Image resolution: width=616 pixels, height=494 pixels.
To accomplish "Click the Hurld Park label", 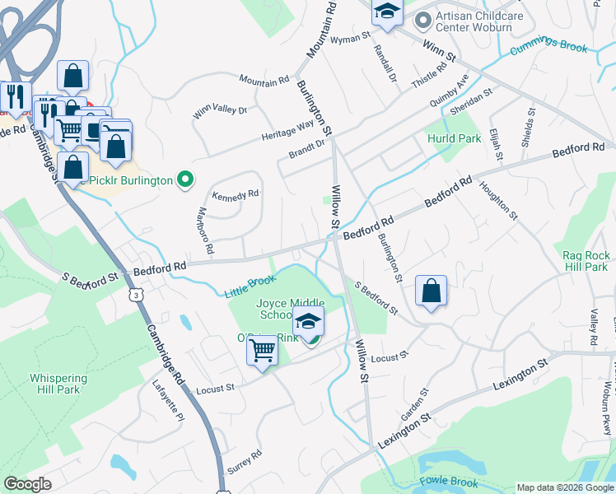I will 454,138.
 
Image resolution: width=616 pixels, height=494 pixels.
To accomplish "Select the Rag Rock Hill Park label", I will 586,262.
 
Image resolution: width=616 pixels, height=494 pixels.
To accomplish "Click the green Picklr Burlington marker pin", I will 186,179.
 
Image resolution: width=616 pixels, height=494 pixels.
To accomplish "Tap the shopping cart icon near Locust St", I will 263,351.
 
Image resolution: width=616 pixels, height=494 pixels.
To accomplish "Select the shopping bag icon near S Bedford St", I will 431,291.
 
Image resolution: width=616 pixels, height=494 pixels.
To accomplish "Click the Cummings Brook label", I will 549,49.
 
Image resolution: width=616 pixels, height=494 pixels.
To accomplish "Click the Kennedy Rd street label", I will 236,195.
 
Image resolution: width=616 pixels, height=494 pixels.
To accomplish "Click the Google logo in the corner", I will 27,484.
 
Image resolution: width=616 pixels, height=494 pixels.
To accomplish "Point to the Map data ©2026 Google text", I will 565,487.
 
